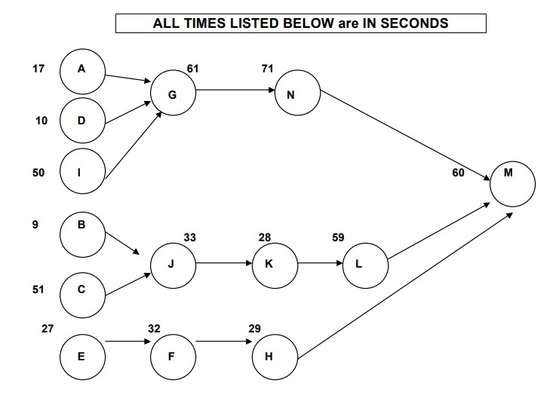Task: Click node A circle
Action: click(82, 69)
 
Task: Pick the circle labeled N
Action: click(297, 93)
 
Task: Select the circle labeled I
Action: click(82, 172)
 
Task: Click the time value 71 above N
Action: click(267, 69)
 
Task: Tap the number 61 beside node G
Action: click(193, 69)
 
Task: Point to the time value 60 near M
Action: click(458, 173)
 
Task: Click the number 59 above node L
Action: click(338, 237)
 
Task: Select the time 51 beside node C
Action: click(38, 289)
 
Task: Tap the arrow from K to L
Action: click(320, 265)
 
